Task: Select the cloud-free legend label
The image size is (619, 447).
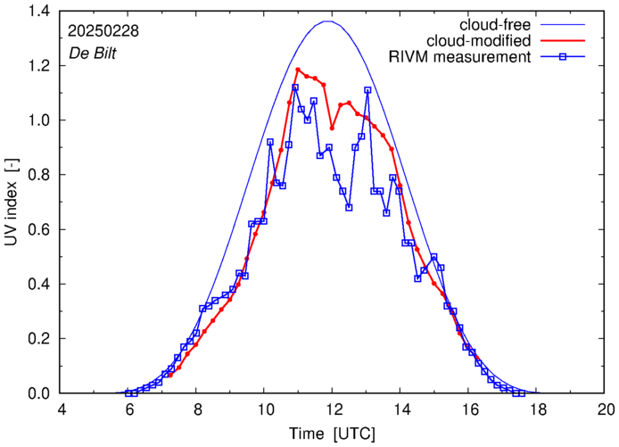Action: tap(497, 24)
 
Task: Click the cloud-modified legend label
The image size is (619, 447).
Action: tap(480, 41)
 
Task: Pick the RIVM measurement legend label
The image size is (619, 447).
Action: tap(462, 58)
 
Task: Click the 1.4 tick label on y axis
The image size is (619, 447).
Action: tap(41, 11)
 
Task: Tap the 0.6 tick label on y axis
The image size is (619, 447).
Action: tap(41, 229)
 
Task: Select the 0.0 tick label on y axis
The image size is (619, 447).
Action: tap(41, 393)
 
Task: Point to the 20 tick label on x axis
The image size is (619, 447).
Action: tap(606, 410)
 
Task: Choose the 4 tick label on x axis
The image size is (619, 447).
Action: tap(62, 410)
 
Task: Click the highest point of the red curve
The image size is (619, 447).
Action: tap(298, 70)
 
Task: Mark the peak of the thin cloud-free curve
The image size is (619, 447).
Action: tap(330, 21)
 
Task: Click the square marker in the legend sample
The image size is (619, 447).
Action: tap(567, 58)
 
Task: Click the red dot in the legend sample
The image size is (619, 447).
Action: tap(567, 41)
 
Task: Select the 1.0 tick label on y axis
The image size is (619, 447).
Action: tap(41, 120)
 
